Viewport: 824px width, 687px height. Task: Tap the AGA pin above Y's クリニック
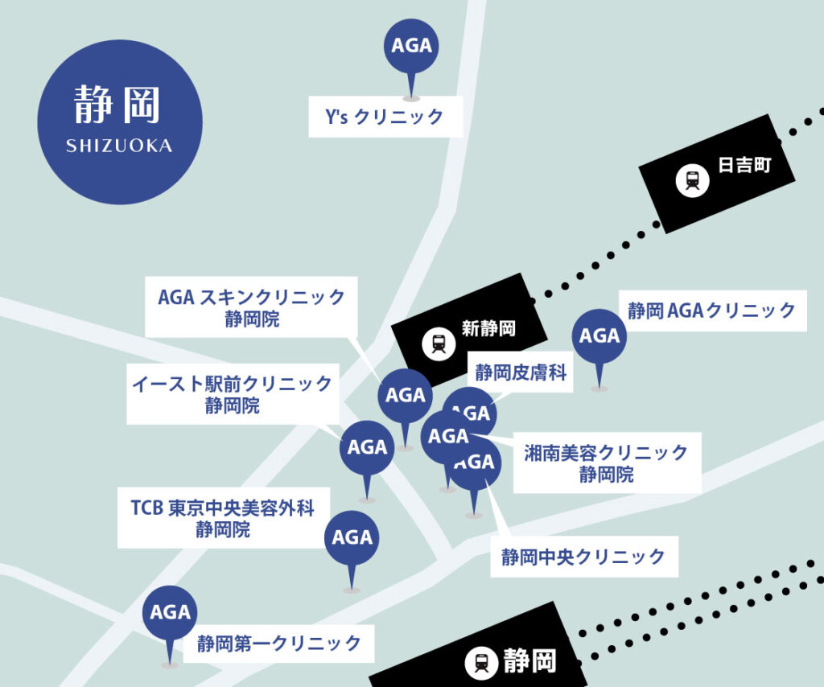(x=411, y=46)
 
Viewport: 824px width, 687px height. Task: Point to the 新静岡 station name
(x=488, y=328)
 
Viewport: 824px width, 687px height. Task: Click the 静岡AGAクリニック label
(x=711, y=311)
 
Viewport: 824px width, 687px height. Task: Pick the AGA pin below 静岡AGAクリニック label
(x=599, y=336)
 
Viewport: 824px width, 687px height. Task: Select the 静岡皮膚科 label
(x=520, y=372)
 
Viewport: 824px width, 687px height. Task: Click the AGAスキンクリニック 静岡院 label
(x=252, y=307)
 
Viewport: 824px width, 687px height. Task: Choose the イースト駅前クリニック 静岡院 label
(x=232, y=394)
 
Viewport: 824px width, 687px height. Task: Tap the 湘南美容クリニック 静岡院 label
(x=606, y=463)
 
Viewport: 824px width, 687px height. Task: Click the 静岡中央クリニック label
(x=583, y=557)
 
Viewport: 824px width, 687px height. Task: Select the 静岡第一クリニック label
(x=279, y=644)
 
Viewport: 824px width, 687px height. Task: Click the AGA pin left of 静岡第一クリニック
(x=171, y=613)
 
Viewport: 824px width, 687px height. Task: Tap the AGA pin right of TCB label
(x=352, y=538)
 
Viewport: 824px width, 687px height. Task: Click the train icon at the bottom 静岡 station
(x=481, y=663)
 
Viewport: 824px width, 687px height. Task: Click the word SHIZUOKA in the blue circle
(x=119, y=146)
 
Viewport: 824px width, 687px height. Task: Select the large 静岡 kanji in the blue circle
(x=118, y=105)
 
